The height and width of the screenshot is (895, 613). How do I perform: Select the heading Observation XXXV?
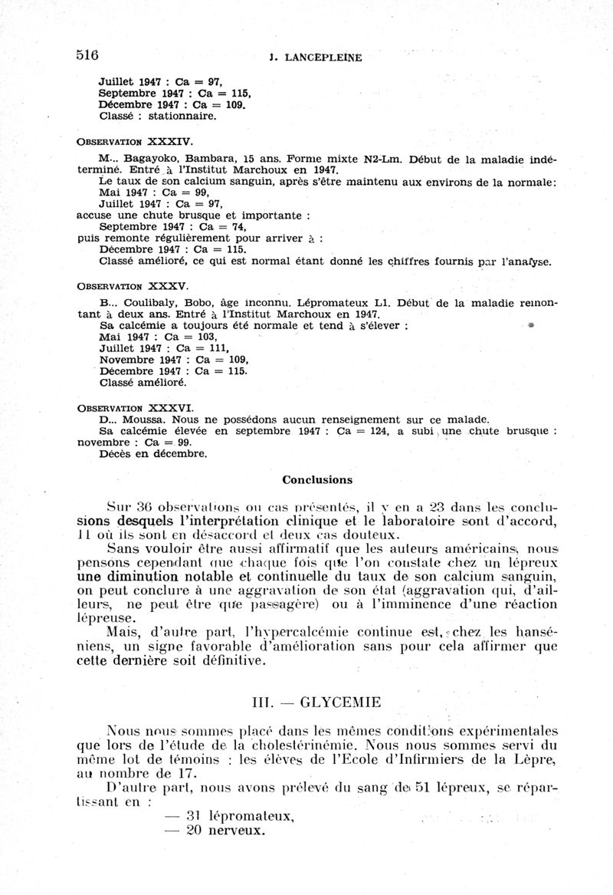(132, 285)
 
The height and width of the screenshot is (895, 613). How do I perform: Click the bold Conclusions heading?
(317, 480)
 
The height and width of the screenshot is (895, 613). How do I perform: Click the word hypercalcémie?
(293, 633)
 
